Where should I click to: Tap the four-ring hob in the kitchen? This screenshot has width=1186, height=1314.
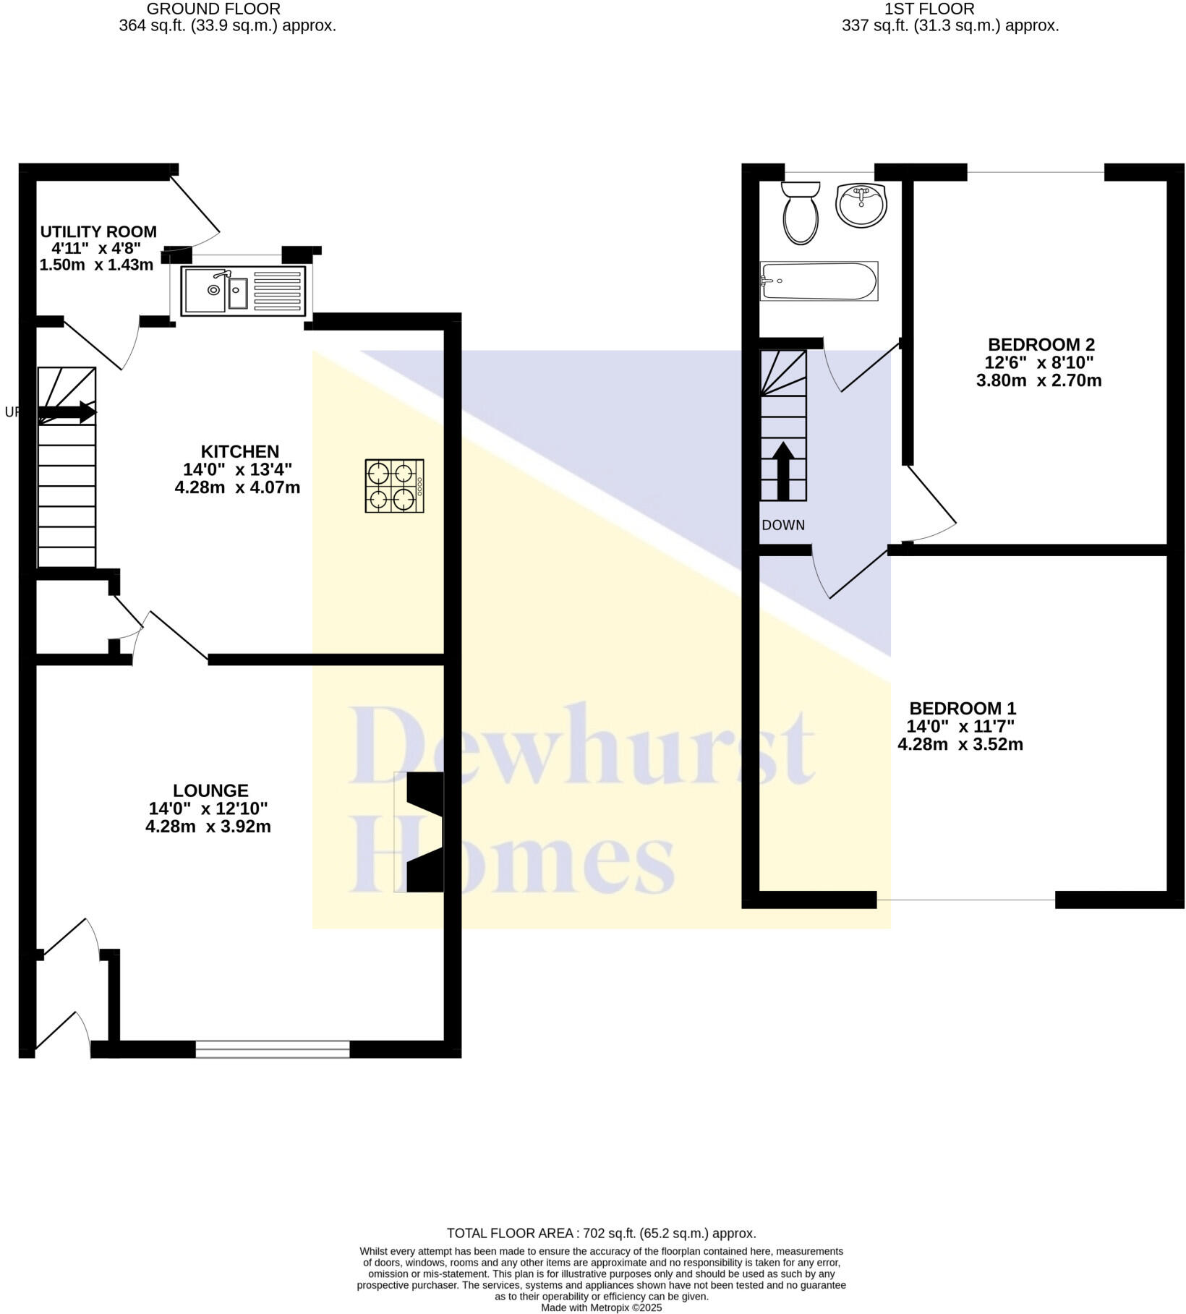tap(394, 486)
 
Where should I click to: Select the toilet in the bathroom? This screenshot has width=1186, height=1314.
tap(800, 213)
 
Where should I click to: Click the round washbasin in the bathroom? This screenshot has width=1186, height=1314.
tap(861, 205)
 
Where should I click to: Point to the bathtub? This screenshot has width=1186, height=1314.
tap(819, 281)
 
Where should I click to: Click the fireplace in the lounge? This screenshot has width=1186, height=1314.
tap(425, 832)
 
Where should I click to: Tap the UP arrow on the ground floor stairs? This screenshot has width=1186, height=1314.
tap(67, 413)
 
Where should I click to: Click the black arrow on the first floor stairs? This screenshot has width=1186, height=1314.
tap(783, 471)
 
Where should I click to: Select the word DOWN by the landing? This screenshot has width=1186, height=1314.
tap(783, 525)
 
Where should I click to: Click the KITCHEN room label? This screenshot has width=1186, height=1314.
tap(240, 452)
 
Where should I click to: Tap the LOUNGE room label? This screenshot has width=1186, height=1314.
tap(210, 790)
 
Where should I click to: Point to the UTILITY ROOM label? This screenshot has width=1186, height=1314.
tap(98, 232)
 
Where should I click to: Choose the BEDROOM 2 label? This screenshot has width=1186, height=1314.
tap(1041, 344)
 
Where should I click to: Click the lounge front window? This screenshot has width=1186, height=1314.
tap(273, 1049)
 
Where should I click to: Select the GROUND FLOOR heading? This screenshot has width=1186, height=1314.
tap(213, 9)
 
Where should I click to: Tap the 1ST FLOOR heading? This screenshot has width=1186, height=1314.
tap(929, 9)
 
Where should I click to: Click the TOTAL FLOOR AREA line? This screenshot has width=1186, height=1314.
tap(601, 1234)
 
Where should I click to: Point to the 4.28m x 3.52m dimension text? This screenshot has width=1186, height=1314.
tap(960, 744)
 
